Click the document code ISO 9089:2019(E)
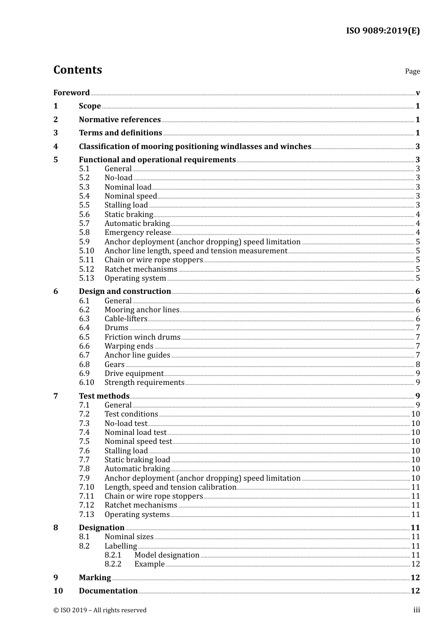[x=382, y=31]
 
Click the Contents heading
[x=77, y=70]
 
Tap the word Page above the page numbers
[x=412, y=71]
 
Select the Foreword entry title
[x=71, y=92]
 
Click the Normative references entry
[x=120, y=119]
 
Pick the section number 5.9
[x=84, y=242]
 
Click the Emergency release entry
[x=138, y=233]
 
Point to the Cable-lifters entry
[x=126, y=319]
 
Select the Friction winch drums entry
[x=142, y=337]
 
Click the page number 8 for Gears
[x=418, y=364]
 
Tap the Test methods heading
[x=104, y=396]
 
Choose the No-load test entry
[x=126, y=423]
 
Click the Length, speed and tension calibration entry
[x=170, y=487]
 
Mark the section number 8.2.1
[x=113, y=555]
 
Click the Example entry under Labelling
[x=149, y=564]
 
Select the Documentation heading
[x=108, y=591]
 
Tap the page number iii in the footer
[x=416, y=610]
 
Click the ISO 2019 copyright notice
[x=100, y=610]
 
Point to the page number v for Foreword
[x=418, y=93]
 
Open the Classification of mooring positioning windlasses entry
[x=195, y=146]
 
